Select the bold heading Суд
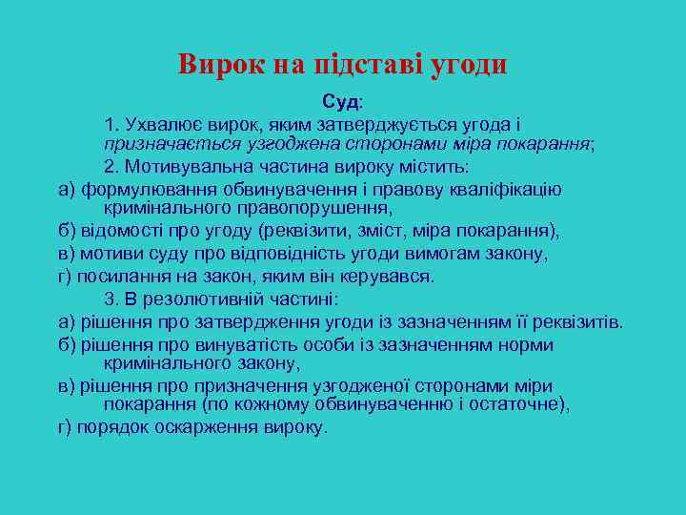[340, 101]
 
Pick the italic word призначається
[160, 144]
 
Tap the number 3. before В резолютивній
[111, 299]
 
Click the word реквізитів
[577, 322]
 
